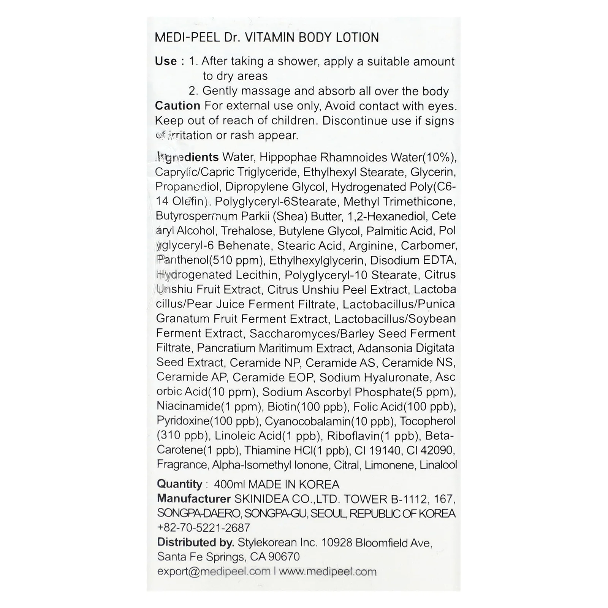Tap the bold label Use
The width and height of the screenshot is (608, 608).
tap(166, 61)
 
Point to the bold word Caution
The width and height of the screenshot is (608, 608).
tap(177, 106)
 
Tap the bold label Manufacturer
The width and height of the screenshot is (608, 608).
tap(194, 499)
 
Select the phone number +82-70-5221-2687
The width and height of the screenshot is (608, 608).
tap(204, 528)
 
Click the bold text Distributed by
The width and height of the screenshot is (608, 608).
tap(195, 542)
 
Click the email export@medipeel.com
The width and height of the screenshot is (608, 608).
tap(214, 572)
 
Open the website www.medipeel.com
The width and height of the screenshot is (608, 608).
tap(328, 572)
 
